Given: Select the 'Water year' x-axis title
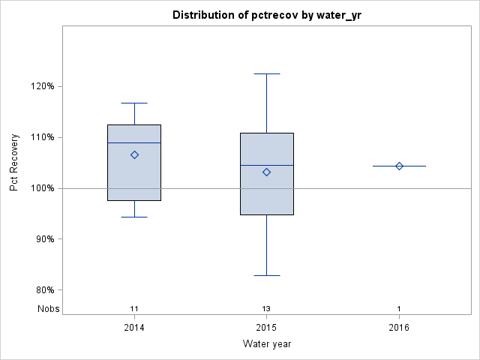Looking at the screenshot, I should point(267,344).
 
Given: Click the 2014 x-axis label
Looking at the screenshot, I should point(134,328).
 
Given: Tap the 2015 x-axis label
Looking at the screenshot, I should point(267,328).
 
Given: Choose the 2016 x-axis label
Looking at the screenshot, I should point(399,328).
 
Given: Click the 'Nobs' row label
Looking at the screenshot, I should point(46,308).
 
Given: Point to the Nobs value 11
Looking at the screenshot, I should point(134,308).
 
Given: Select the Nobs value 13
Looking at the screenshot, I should point(267,308).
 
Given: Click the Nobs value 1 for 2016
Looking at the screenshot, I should point(399,308).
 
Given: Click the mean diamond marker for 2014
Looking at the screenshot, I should point(134,154).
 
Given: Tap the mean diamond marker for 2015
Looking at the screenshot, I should point(267,172).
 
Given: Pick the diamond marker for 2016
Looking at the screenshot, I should point(399,166).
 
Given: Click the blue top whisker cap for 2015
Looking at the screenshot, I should point(267,73).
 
